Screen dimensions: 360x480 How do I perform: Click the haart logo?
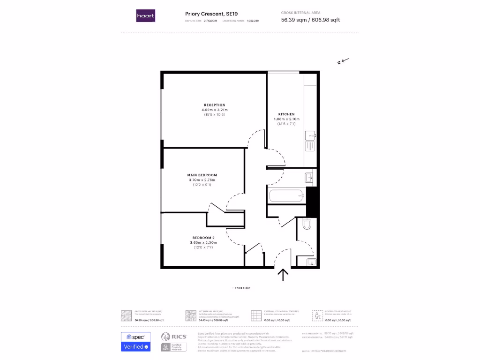pyautogui.click(x=145, y=16)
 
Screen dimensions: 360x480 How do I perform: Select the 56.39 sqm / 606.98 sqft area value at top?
pyautogui.click(x=310, y=20)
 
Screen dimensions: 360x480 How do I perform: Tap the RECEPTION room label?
pyautogui.click(x=214, y=105)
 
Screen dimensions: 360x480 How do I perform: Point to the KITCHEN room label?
pyautogui.click(x=286, y=114)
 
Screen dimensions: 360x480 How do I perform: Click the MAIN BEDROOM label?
pyautogui.click(x=202, y=175)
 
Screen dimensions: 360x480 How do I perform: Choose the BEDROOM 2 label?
pyautogui.click(x=203, y=238)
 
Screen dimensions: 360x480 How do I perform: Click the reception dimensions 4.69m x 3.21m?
pyautogui.click(x=214, y=110)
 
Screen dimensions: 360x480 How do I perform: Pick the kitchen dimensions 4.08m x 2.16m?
pyautogui.click(x=286, y=119)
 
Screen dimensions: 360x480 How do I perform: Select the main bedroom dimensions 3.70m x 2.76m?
pyautogui.click(x=202, y=180)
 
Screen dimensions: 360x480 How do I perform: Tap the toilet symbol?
pyautogui.click(x=307, y=225)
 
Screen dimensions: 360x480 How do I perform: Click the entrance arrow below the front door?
pyautogui.click(x=283, y=275)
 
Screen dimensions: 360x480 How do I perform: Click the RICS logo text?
pyautogui.click(x=179, y=337)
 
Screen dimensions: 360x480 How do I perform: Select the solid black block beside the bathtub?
pyautogui.click(x=312, y=202)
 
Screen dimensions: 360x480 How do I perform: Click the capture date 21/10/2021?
pyautogui.click(x=211, y=21)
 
